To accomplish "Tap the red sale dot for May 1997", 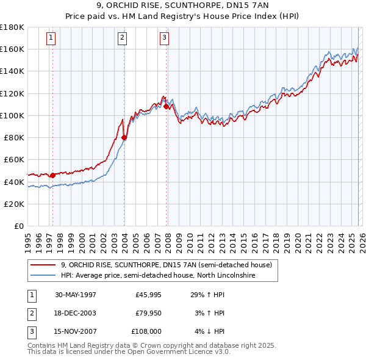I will [x=52, y=175].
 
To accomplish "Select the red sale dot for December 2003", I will [x=124, y=137].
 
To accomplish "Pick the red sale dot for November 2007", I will [x=166, y=106].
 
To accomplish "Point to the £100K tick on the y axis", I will [x=13, y=115].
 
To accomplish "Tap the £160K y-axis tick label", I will [x=13, y=49].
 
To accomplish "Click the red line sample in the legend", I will [x=44, y=265].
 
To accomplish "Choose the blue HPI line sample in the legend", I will [x=44, y=276].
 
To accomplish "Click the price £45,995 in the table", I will [x=148, y=295].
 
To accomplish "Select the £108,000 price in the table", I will [x=146, y=332].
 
